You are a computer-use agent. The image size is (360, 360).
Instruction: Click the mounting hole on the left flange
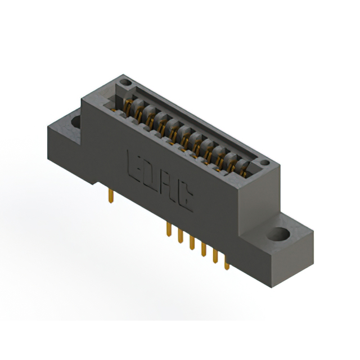pyautogui.click(x=74, y=120)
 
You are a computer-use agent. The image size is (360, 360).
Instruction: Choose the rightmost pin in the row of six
pyautogui.click(x=227, y=263)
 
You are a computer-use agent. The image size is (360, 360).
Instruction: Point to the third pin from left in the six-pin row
pyautogui.click(x=191, y=244)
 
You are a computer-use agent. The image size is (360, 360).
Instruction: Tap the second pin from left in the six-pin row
pyautogui.click(x=179, y=237)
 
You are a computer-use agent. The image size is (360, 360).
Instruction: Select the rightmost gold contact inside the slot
pyautogui.click(x=244, y=166)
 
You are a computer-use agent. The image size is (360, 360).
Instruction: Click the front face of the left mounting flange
pyautogui.click(x=65, y=155)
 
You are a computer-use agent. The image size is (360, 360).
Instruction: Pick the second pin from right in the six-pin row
pyautogui.click(x=215, y=256)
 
